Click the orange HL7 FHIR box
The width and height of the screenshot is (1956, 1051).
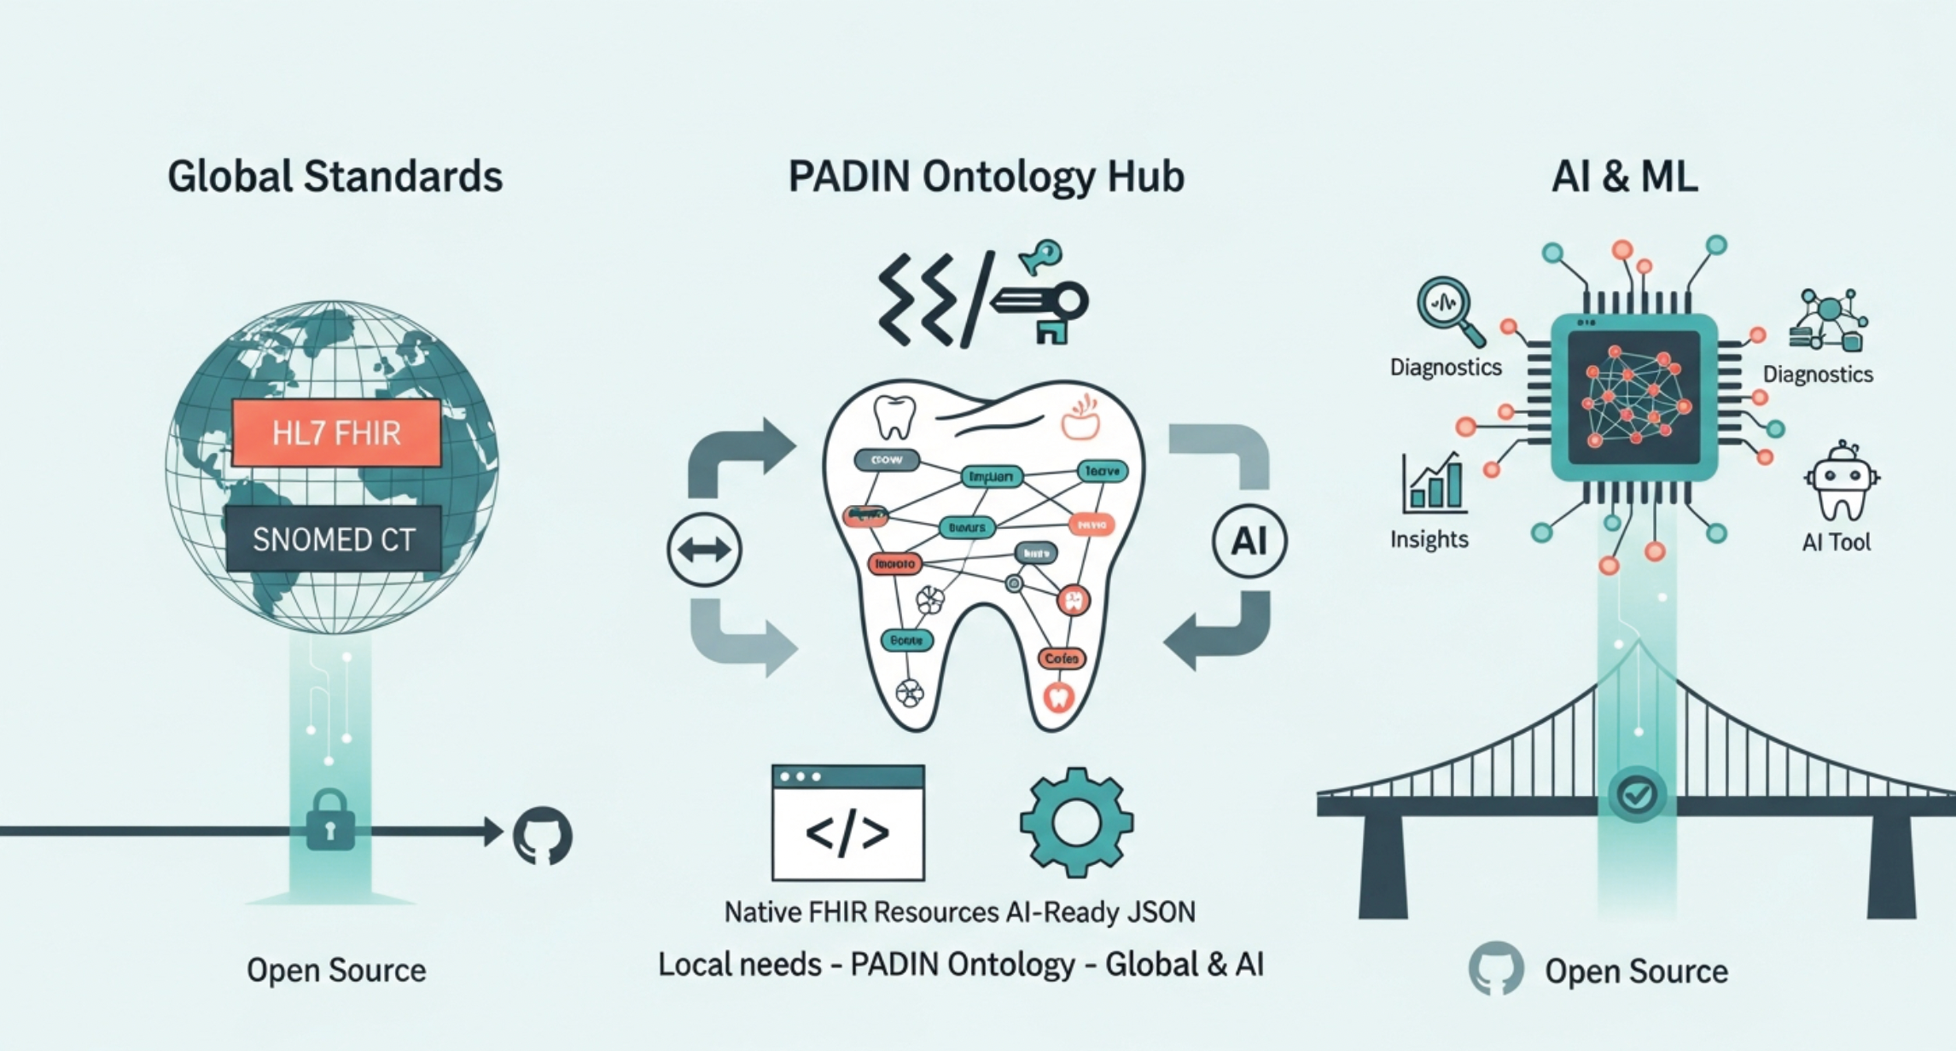(x=336, y=433)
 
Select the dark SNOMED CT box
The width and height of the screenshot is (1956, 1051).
(x=334, y=539)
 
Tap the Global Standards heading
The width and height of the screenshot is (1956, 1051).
(x=335, y=177)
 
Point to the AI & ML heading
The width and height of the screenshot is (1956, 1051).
(x=1624, y=177)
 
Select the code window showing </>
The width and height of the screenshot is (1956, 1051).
(x=847, y=822)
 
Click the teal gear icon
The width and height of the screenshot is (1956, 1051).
(x=1076, y=822)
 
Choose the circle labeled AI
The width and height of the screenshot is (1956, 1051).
(x=1249, y=541)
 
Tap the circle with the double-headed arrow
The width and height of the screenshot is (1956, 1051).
(x=704, y=549)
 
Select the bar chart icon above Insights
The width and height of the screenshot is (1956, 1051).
(x=1434, y=483)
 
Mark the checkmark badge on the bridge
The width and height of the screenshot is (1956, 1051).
(x=1637, y=795)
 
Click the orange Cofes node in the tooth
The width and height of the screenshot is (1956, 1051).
(x=1062, y=659)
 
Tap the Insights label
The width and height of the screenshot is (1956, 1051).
(x=1429, y=539)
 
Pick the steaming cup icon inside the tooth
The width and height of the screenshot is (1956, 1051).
(x=1080, y=417)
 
